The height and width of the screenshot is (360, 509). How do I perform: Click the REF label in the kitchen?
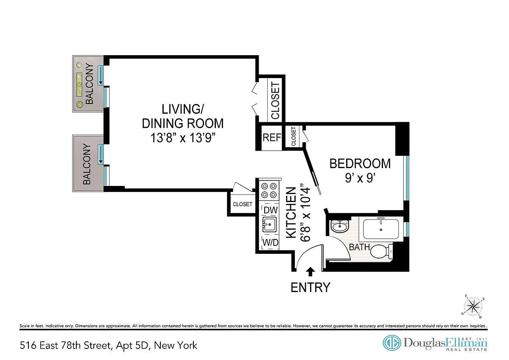(x=272, y=138)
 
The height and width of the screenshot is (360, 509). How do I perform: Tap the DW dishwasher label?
(x=271, y=210)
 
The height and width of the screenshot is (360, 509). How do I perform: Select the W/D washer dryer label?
(x=271, y=243)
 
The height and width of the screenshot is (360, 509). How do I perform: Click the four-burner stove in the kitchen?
(x=269, y=191)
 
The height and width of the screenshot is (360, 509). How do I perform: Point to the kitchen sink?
(x=269, y=225)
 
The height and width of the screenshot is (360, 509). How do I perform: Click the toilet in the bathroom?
(x=381, y=251)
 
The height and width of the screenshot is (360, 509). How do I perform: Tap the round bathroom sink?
(x=339, y=226)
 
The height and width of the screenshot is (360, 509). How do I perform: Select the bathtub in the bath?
(x=381, y=229)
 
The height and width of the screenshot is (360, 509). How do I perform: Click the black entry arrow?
(x=310, y=271)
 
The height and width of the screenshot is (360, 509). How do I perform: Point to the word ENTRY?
(x=310, y=287)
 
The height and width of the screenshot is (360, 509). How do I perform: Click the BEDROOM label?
(x=360, y=163)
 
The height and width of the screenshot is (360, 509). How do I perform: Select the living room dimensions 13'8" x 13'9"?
(x=183, y=138)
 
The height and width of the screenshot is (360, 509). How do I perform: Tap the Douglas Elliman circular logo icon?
(x=392, y=343)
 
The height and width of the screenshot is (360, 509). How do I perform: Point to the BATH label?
(x=359, y=247)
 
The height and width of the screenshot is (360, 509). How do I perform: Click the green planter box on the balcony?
(x=79, y=84)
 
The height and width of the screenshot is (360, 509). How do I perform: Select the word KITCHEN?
(x=291, y=213)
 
